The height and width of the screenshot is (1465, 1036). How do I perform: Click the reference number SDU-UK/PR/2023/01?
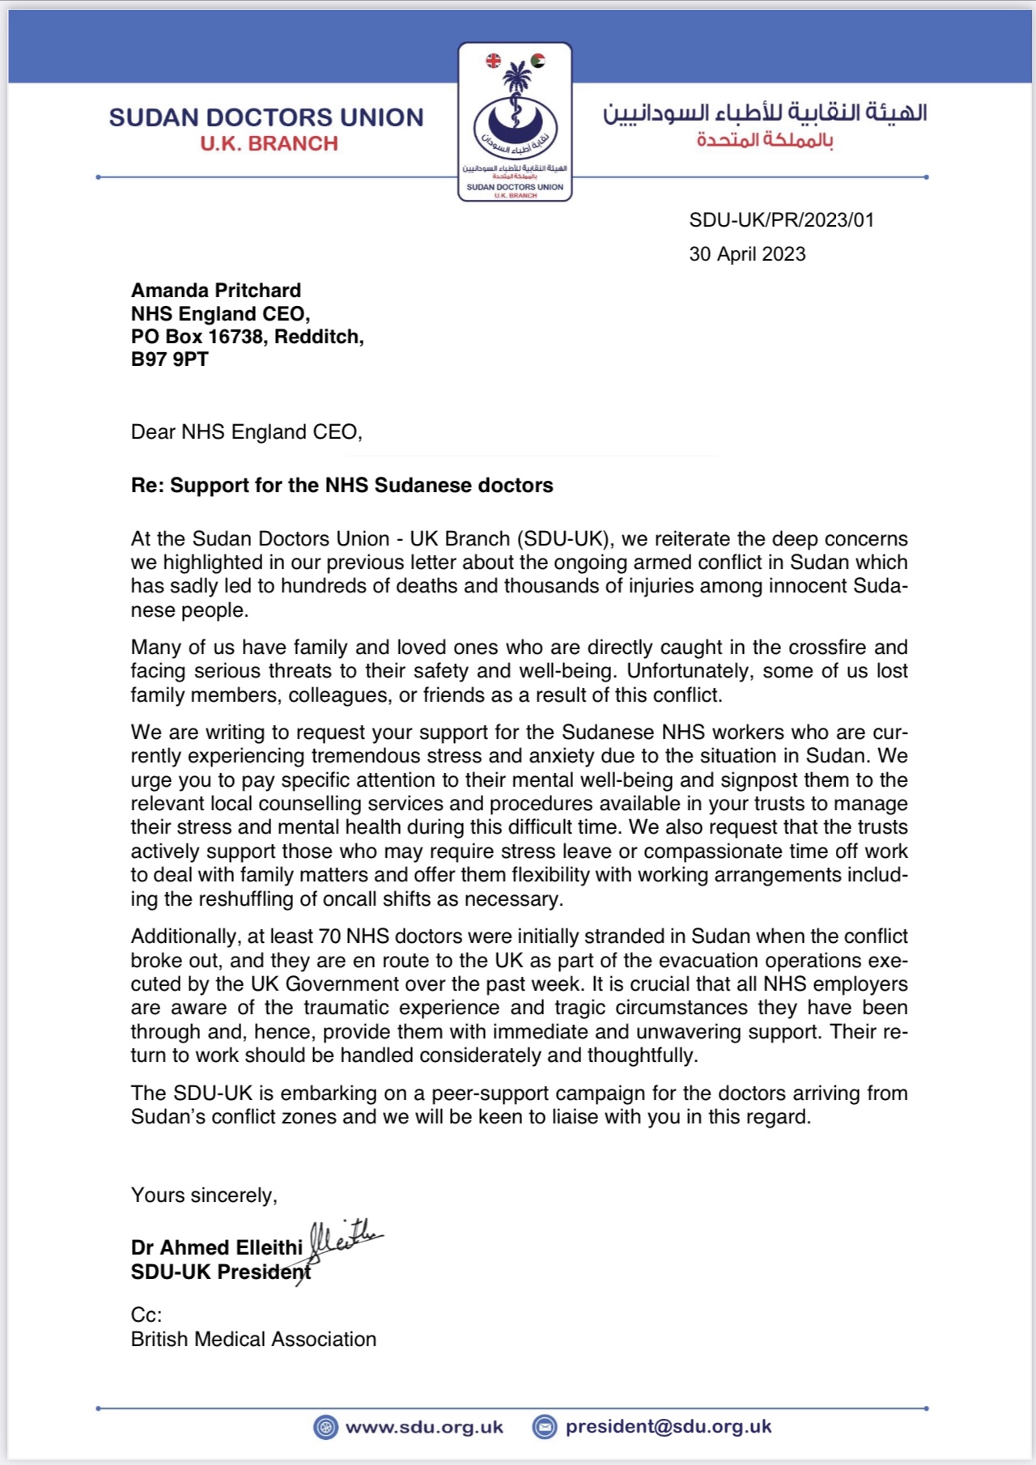781,220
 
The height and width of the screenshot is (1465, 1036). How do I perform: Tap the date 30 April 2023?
747,254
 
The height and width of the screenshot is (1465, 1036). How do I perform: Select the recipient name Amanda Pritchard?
216,291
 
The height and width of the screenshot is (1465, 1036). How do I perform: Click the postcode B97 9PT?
170,359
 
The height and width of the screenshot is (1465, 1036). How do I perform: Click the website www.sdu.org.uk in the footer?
424,1427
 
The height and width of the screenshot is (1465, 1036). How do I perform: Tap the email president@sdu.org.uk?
669,1426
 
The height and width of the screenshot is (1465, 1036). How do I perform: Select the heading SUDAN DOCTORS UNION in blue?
266,118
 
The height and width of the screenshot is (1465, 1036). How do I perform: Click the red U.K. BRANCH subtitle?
270,144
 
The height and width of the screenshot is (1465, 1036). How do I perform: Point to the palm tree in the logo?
515,80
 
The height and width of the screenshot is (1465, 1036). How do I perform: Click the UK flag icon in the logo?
493,60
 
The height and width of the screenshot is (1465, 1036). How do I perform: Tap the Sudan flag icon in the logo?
537,60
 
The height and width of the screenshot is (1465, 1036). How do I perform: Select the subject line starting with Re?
342,486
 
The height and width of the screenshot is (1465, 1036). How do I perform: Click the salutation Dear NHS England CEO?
246,432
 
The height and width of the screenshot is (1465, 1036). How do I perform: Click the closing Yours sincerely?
204,1195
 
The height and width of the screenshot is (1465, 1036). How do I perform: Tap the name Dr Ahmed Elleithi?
217,1247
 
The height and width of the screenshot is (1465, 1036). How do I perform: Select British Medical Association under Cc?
253,1340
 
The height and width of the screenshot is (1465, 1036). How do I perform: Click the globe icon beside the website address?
325,1427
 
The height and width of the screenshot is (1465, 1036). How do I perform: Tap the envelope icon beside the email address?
545,1427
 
